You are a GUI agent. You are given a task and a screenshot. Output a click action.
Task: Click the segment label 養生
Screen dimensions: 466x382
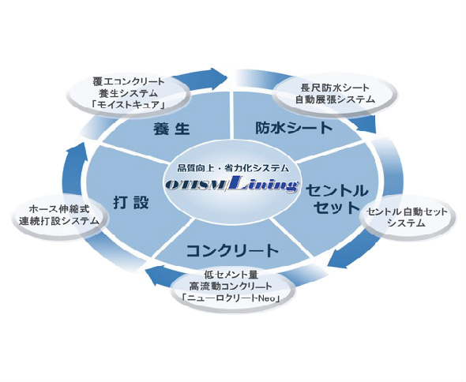click(x=171, y=129)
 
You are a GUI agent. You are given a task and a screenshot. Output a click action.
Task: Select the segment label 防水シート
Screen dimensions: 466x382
click(x=294, y=128)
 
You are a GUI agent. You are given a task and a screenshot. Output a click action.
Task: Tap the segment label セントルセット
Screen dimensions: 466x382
click(x=336, y=200)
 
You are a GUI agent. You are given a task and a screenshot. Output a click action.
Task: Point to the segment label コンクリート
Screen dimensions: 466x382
click(x=232, y=251)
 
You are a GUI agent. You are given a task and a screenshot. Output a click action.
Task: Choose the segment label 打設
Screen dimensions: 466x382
click(x=131, y=203)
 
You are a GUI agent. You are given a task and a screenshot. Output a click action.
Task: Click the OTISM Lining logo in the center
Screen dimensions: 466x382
click(x=231, y=185)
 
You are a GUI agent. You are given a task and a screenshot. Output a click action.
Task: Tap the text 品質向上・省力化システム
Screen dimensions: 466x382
click(x=233, y=168)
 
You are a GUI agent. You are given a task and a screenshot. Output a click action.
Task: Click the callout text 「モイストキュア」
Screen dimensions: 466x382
click(x=129, y=104)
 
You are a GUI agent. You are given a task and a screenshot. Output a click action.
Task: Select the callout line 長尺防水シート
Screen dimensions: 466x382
click(x=335, y=88)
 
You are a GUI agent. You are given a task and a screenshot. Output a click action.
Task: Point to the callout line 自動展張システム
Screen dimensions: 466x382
click(x=335, y=99)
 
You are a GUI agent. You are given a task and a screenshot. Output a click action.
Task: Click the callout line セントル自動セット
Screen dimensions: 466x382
click(x=407, y=212)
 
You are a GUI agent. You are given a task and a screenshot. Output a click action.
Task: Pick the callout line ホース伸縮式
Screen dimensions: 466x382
click(x=59, y=209)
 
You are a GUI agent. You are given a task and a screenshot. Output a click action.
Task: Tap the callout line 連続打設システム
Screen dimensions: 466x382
click(x=59, y=221)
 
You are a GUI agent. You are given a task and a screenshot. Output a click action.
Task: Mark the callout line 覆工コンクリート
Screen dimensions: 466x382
click(x=129, y=81)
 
